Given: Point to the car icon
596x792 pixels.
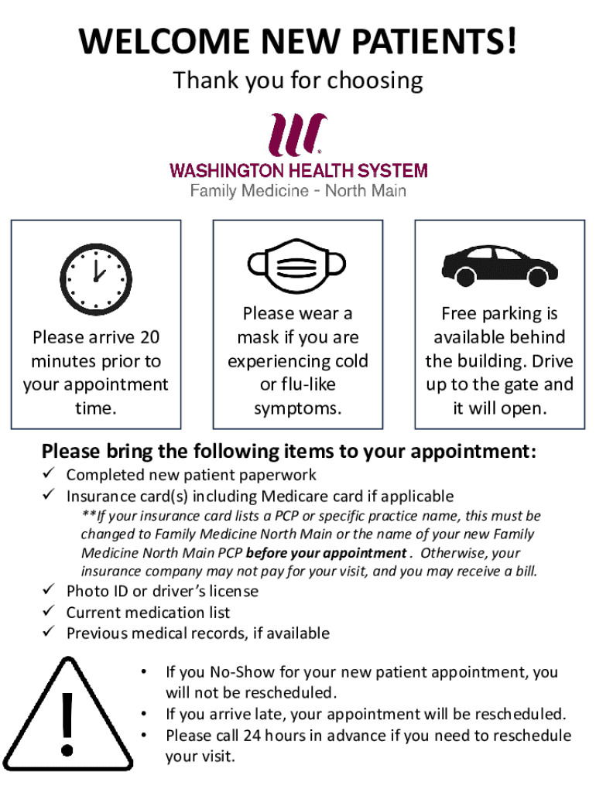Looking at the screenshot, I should click(499, 265).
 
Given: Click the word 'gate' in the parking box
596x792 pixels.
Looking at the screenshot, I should click(504, 384).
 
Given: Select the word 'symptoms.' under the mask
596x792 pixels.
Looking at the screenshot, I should click(297, 408).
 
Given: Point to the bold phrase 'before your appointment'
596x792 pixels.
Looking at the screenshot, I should click(325, 553).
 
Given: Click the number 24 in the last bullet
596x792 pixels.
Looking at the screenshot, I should click(252, 736).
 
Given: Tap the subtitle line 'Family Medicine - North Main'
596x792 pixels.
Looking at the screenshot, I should click(298, 190).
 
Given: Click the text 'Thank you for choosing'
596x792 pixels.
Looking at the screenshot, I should click(298, 80).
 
